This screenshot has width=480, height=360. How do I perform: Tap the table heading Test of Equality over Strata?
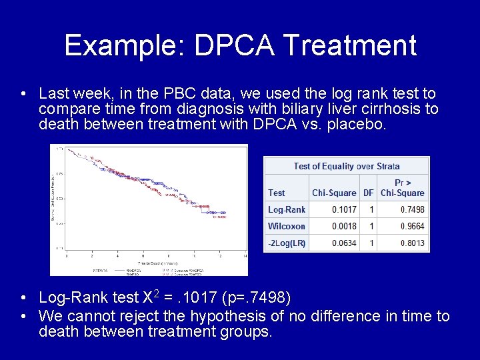pos(347,166)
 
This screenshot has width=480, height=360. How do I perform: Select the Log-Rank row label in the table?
pos(287,209)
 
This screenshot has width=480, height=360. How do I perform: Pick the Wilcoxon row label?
pos(287,226)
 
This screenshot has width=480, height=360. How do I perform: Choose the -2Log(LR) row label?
pos(287,243)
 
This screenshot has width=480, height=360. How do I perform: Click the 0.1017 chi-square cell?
pos(344,209)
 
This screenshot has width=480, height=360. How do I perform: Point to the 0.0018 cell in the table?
pos(344,226)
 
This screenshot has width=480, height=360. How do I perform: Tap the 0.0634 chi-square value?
pos(344,243)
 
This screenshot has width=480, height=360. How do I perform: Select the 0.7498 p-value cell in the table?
pos(412,209)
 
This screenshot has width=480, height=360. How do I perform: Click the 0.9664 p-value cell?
pos(412,226)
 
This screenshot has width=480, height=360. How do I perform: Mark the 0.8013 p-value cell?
pos(412,243)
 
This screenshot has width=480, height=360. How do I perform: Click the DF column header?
pos(368,193)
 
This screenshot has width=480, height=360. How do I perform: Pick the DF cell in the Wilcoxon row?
pos(371,226)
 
